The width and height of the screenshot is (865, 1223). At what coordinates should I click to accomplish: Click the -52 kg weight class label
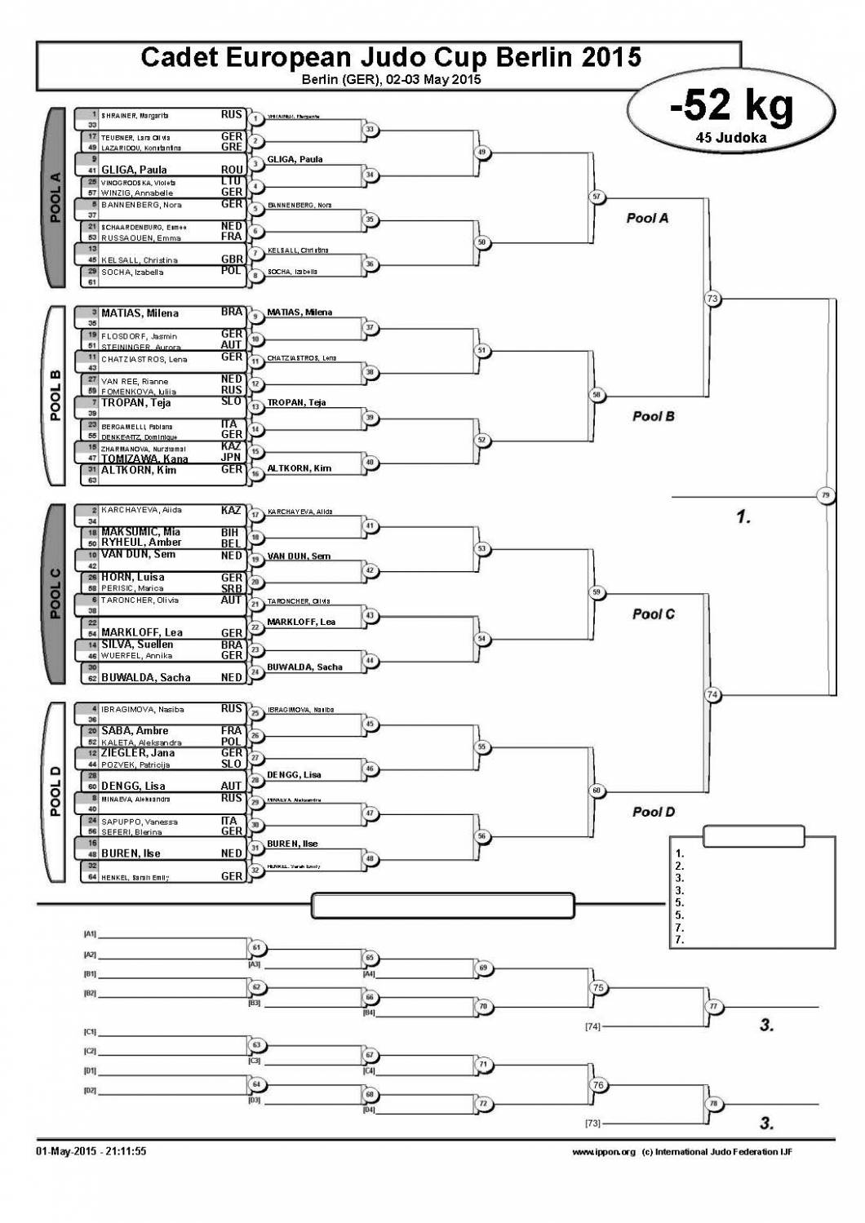[x=730, y=106]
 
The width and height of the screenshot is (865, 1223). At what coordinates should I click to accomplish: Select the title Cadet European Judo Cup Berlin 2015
[x=390, y=57]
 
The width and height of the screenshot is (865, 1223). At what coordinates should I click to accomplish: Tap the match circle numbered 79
[x=825, y=495]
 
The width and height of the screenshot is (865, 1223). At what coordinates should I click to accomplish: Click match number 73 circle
[x=712, y=299]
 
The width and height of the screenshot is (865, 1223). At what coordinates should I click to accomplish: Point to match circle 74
[x=712, y=694]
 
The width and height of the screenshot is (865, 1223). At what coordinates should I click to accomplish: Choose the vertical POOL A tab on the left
[x=55, y=197]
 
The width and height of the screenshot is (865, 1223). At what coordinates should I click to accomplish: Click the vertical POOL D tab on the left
[x=55, y=791]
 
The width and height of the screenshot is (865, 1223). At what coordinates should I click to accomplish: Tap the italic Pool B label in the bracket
[x=653, y=416]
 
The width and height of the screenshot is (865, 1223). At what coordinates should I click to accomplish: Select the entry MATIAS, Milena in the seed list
[x=140, y=313]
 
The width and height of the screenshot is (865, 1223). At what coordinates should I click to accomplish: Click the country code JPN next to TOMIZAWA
[x=231, y=458]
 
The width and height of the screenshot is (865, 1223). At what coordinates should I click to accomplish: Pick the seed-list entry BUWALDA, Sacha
[x=145, y=677]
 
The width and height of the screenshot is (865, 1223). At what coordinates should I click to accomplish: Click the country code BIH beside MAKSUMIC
[x=231, y=532]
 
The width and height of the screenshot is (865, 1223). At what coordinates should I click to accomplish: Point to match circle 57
[x=597, y=197]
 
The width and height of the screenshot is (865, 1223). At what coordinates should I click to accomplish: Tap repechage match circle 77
[x=712, y=1006]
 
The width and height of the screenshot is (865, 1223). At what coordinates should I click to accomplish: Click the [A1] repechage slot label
[x=90, y=933]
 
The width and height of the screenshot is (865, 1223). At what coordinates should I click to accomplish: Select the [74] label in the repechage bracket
[x=592, y=1026]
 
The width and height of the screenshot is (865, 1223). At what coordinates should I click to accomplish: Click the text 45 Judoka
[x=730, y=138]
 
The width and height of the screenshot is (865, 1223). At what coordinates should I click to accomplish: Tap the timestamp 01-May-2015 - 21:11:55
[x=91, y=1151]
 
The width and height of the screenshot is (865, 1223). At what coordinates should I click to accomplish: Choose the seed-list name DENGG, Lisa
[x=133, y=787]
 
